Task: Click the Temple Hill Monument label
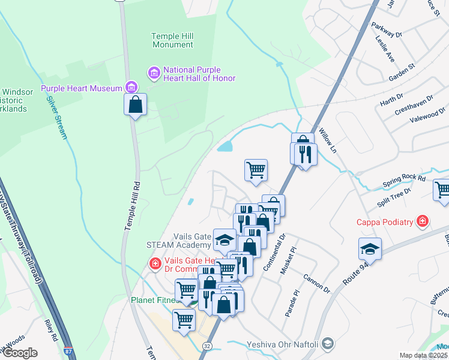coord(172,40)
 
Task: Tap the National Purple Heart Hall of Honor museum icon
coord(154,73)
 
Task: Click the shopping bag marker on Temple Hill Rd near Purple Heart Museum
coord(136,104)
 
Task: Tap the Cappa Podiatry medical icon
coord(423,222)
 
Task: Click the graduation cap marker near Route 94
coord(370,250)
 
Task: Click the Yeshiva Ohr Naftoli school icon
coord(328,344)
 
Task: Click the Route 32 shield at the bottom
coord(207,346)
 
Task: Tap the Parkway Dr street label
coord(386,31)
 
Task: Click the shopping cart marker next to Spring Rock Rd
coord(442,190)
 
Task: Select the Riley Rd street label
coord(49,328)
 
